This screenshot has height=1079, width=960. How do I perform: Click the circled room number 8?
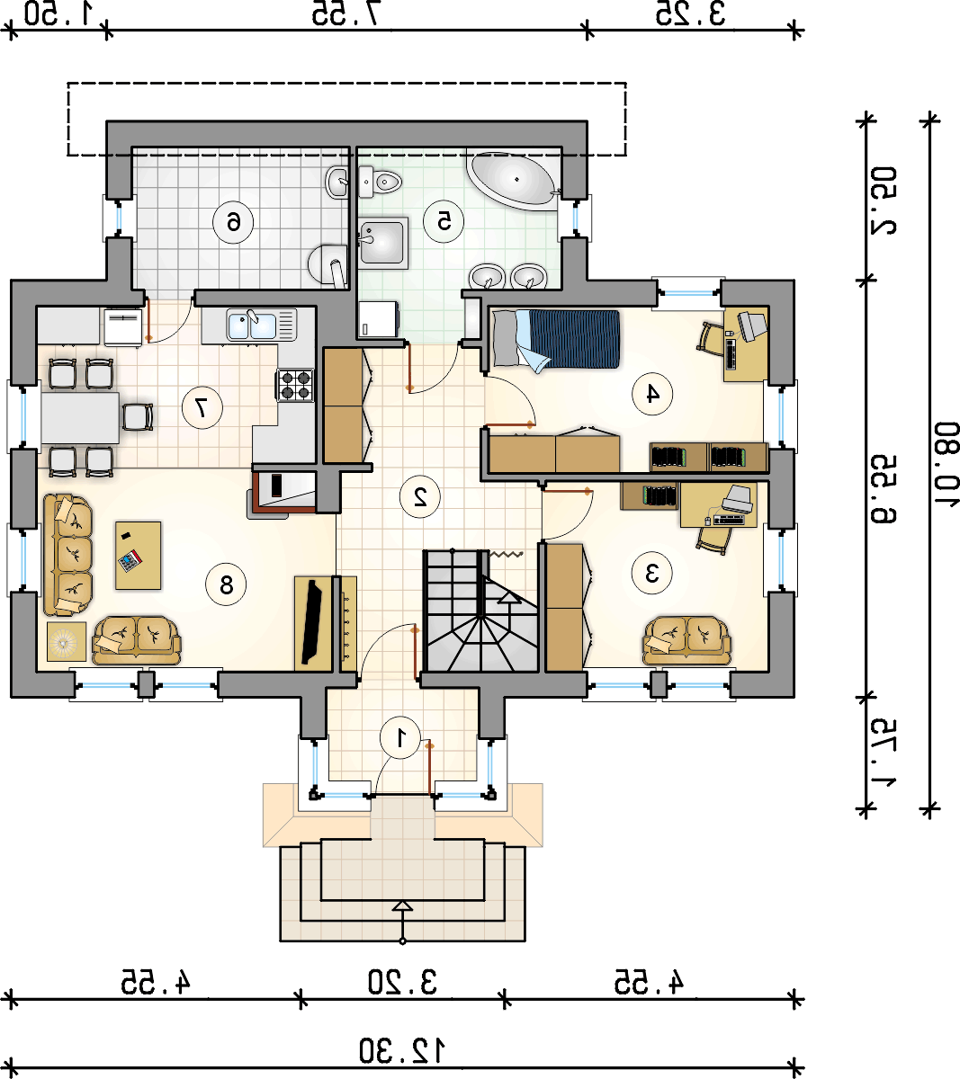click(x=226, y=584)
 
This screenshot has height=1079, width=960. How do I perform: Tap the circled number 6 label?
click(x=233, y=222)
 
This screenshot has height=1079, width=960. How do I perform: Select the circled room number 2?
click(x=420, y=497)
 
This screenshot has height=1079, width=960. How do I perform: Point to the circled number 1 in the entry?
click(x=400, y=738)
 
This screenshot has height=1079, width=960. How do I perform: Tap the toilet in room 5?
click(x=380, y=182)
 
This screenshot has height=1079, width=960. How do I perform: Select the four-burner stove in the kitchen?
click(x=295, y=385)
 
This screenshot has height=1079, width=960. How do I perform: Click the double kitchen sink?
click(x=261, y=325)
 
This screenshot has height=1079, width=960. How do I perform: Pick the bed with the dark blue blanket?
click(x=556, y=340)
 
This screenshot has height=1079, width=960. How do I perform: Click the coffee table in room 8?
click(x=138, y=556)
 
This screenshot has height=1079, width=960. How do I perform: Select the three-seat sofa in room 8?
click(x=67, y=555)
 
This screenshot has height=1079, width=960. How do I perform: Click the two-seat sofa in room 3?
click(x=687, y=641)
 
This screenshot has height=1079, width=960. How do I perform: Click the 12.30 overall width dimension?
click(x=401, y=1051)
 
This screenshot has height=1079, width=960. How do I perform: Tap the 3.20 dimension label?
click(x=402, y=982)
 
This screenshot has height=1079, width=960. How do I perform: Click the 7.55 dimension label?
click(x=345, y=13)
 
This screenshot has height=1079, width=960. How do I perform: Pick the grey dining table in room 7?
click(x=80, y=418)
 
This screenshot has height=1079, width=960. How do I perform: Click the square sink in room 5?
click(x=382, y=242)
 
